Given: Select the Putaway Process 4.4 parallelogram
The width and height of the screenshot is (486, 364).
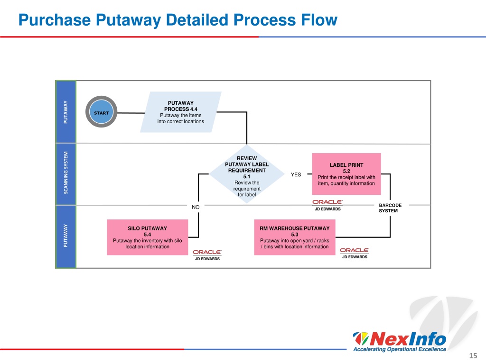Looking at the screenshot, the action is pyautogui.click(x=181, y=112).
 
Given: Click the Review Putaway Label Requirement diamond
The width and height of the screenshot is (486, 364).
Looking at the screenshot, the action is pyautogui.click(x=247, y=174).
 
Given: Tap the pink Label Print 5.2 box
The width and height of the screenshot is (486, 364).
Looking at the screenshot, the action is pyautogui.click(x=346, y=174).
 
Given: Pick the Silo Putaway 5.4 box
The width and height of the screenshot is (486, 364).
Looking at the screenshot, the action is pyautogui.click(x=148, y=237).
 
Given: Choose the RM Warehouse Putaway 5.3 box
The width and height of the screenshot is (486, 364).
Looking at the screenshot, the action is pyautogui.click(x=295, y=237).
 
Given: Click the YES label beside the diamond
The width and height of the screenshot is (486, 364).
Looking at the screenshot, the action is pyautogui.click(x=296, y=174).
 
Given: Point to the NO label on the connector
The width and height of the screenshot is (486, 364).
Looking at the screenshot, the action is pyautogui.click(x=196, y=207).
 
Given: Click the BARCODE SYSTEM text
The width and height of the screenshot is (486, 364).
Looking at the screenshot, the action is pyautogui.click(x=390, y=208).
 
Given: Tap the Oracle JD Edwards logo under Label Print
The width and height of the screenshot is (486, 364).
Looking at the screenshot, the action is pyautogui.click(x=327, y=205).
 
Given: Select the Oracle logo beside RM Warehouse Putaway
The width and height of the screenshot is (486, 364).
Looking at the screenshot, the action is pyautogui.click(x=355, y=254).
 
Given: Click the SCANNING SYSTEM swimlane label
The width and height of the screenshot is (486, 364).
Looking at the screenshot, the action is pyautogui.click(x=65, y=173).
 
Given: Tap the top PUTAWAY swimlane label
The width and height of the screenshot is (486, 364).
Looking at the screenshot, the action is pyautogui.click(x=65, y=112).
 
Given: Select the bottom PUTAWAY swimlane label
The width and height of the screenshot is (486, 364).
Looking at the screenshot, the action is pyautogui.click(x=65, y=236).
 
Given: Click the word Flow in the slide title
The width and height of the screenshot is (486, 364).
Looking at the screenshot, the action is pyautogui.click(x=319, y=20).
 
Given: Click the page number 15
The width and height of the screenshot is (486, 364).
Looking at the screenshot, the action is pyautogui.click(x=473, y=355).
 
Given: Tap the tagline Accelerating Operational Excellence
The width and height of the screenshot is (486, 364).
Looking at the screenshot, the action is pyautogui.click(x=400, y=349).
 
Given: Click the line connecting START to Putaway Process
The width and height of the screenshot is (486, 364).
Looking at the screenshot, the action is pyautogui.click(x=131, y=113).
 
